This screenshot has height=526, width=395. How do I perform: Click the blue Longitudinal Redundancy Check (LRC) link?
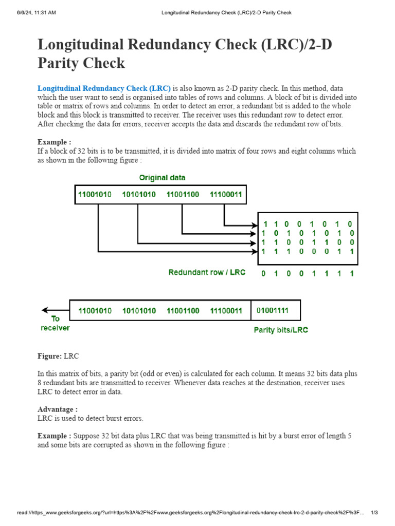point(104,88)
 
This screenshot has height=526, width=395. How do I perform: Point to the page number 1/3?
point(374,513)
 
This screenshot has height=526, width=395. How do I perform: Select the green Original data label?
point(163,178)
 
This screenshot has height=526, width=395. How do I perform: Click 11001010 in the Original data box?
point(95,195)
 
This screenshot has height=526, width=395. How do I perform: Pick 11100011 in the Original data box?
point(226,195)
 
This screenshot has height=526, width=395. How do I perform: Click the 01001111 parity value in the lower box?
point(273,311)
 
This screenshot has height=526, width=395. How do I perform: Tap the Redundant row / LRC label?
point(207,272)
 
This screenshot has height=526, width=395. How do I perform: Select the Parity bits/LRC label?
point(281,330)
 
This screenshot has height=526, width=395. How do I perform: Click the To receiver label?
point(55,323)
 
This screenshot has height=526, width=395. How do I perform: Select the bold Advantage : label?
point(58,409)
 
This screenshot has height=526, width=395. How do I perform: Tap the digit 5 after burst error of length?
point(350,436)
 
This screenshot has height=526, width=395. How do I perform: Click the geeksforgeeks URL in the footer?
point(190,513)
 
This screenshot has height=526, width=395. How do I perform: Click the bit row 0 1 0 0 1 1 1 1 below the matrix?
point(308,273)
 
